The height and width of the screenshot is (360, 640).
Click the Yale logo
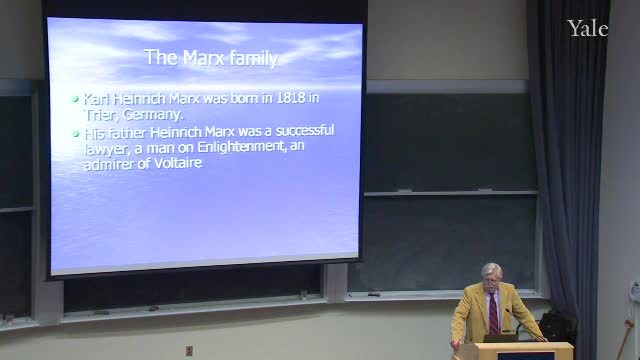coord(587,29)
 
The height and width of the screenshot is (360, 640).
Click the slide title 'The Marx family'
coord(211,58)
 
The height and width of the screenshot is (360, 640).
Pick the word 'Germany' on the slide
coord(153,115)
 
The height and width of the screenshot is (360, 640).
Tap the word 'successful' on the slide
coord(305,131)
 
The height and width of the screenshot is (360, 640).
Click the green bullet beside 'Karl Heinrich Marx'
coord(75,99)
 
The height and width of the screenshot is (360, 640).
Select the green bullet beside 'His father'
coord(75,133)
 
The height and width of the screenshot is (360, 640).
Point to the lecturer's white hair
coord(492,270)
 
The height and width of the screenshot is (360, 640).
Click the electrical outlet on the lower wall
coord(189,351)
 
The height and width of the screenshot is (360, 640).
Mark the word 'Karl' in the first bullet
coord(96,99)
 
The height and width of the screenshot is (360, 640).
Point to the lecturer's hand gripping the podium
coord(456,344)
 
